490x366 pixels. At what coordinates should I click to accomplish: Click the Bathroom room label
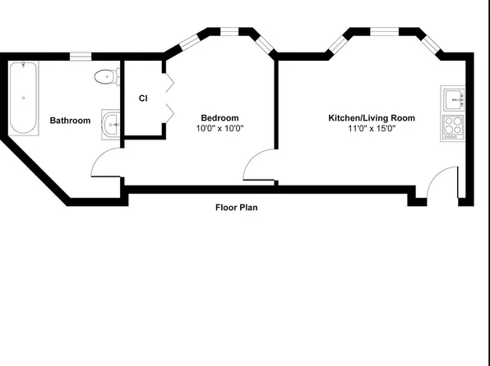click(x=71, y=121)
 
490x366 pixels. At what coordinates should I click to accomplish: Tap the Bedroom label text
click(x=220, y=118)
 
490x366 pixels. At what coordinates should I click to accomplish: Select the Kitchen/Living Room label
click(x=372, y=118)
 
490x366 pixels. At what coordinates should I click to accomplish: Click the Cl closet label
click(x=143, y=98)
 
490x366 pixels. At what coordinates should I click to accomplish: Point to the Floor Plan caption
click(x=237, y=208)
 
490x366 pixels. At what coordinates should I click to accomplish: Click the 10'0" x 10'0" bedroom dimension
click(x=220, y=129)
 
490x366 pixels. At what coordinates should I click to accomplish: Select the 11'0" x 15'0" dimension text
click(x=372, y=129)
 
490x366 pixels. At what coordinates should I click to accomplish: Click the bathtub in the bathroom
click(x=24, y=98)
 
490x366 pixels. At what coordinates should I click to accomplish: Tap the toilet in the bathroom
click(x=107, y=76)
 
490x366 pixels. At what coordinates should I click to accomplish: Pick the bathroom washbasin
click(x=111, y=125)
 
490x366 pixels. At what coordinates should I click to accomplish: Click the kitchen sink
click(x=453, y=98)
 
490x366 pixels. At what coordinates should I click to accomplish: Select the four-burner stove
click(x=453, y=128)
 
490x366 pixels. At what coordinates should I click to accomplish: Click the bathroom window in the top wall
click(x=81, y=57)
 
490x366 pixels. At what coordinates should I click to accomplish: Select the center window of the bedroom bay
click(x=229, y=31)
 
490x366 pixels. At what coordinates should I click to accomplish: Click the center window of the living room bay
click(x=385, y=31)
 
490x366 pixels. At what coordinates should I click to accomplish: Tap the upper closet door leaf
click(x=169, y=82)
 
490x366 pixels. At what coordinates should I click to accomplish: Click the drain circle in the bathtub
click(x=24, y=98)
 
